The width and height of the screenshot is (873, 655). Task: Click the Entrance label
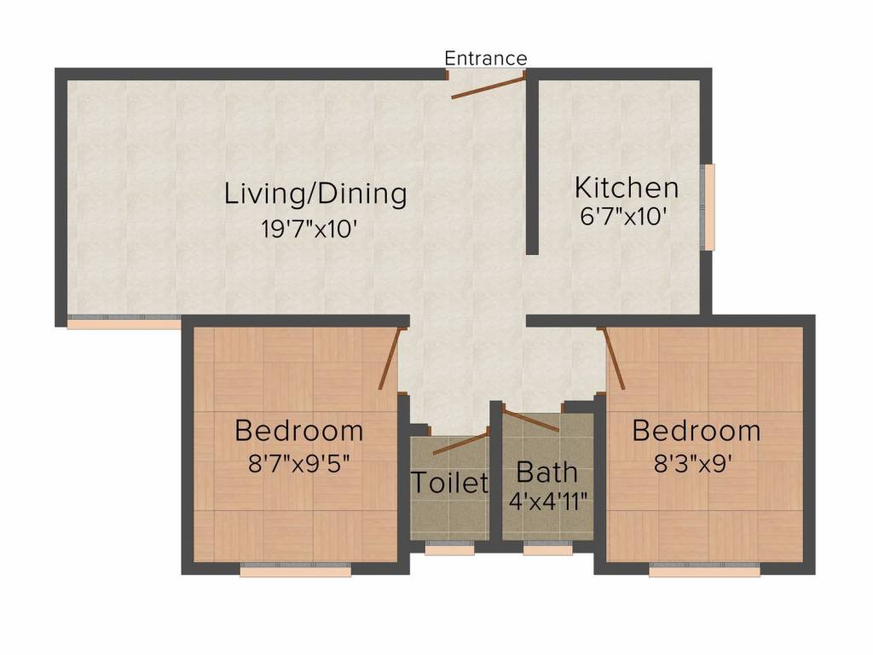[x=486, y=58]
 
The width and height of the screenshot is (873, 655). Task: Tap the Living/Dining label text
[x=315, y=194]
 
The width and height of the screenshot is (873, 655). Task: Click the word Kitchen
[x=627, y=187]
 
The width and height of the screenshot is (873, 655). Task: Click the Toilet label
[x=450, y=483]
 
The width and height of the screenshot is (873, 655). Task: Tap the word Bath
[x=547, y=471]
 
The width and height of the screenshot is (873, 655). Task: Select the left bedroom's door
[x=390, y=360]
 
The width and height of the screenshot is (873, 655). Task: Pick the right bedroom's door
[x=615, y=358]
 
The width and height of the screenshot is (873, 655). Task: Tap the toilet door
[x=461, y=443]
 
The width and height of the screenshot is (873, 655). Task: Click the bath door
[x=530, y=420]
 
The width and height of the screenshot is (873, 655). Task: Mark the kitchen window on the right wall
[x=708, y=207]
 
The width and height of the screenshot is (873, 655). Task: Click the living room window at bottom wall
[x=124, y=322]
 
